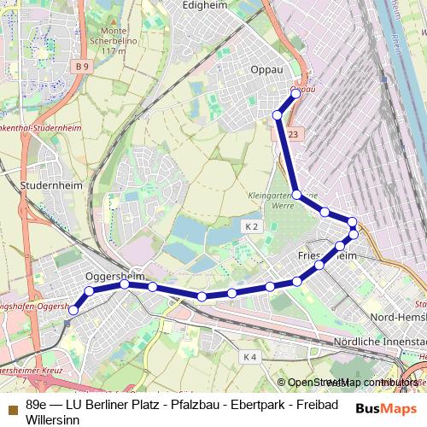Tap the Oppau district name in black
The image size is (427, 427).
pos(266,70)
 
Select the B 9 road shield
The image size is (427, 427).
pos(82,67)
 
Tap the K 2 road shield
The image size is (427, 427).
pos(250,226)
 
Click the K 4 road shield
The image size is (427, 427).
pos(249,356)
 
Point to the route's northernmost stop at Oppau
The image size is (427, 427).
pos(296,93)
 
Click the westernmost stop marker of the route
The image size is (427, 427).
pos(73,311)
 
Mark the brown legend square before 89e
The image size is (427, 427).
pos(12,404)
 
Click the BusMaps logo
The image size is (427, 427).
pos(381,408)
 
